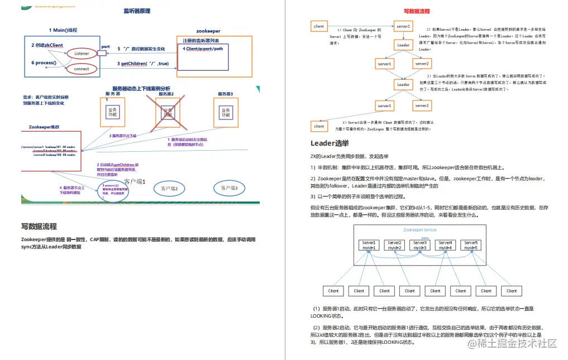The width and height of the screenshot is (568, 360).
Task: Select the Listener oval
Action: (82, 54)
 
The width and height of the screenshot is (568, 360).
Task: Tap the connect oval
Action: (82, 69)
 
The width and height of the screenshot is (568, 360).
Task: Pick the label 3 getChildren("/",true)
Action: (143, 64)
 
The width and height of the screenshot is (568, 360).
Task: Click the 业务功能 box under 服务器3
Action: (226, 113)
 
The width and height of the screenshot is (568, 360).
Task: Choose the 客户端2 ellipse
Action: (169, 189)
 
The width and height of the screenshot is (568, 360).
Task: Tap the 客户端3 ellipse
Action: (229, 189)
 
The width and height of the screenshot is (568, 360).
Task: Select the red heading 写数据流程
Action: (417, 11)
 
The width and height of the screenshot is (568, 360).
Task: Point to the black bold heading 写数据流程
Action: (39, 226)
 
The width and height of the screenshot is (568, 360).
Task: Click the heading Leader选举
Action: (330, 143)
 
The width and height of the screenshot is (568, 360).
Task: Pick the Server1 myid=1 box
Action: (369, 245)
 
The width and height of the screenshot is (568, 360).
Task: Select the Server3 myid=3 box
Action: (420, 245)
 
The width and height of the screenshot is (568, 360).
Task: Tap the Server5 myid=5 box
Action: (471, 245)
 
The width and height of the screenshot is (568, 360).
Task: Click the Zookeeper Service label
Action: (420, 230)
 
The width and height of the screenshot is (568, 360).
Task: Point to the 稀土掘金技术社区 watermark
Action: (512, 343)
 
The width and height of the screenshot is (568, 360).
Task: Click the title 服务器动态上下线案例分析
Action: (141, 88)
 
